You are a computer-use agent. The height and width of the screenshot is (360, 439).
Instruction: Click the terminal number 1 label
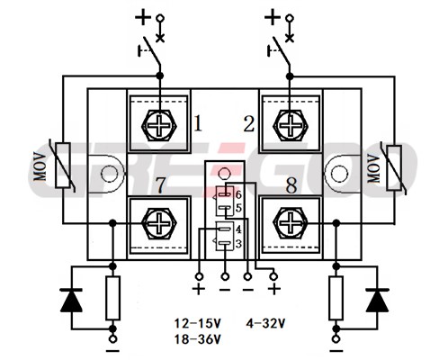[x=198, y=123]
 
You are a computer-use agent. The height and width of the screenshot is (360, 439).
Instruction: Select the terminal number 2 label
[x=249, y=123]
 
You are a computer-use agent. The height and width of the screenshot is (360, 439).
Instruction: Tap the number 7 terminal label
[x=161, y=185]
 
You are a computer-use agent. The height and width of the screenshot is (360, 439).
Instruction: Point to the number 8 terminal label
[x=291, y=185]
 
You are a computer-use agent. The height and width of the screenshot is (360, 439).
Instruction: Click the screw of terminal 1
[x=159, y=125]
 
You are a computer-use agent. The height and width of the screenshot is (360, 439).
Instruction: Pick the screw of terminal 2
[x=291, y=125]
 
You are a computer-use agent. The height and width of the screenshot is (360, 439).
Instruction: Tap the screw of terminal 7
[x=159, y=223]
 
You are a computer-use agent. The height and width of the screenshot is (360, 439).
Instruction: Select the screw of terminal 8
[x=291, y=223]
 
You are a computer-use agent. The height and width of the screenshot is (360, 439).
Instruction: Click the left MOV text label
[x=40, y=166]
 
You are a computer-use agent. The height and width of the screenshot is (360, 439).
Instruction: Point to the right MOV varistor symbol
[x=394, y=167]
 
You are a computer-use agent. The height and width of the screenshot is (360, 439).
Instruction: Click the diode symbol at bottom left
[x=71, y=301]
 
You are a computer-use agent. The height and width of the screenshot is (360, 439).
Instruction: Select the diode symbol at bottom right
[x=377, y=301]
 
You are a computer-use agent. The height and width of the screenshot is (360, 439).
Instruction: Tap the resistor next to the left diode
[x=113, y=298]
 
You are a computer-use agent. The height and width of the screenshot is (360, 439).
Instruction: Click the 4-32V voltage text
[x=265, y=323]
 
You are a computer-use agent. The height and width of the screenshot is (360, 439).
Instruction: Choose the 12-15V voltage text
[x=198, y=323]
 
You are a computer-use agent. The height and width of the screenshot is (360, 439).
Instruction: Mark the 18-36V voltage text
[x=198, y=339]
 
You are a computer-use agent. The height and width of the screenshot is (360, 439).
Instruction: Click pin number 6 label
[x=238, y=195]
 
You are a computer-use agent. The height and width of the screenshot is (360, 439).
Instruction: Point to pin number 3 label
[x=238, y=244]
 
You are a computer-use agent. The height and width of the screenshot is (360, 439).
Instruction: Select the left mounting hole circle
[x=109, y=174]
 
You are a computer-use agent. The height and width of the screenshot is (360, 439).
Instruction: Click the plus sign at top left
[x=143, y=17]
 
